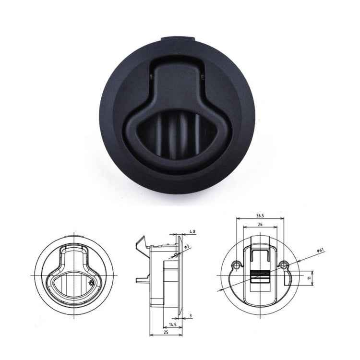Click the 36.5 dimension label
260,216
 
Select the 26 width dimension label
260,224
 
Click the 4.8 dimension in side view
192,232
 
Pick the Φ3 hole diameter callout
188,246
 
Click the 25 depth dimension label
165,333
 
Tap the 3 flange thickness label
191,316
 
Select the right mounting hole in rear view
284,264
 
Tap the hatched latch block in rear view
259,277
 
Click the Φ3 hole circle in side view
176,254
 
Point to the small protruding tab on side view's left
141,279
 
